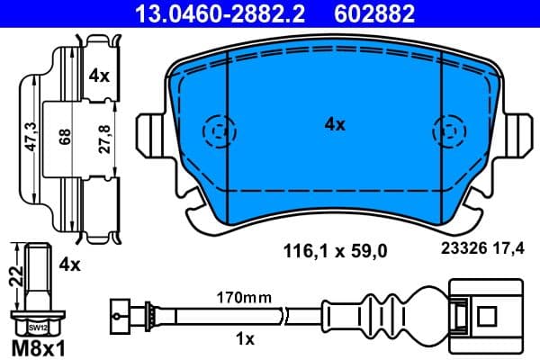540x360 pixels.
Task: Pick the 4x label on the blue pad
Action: pyautogui.click(x=334, y=125)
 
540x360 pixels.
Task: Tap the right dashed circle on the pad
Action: pyautogui.click(x=449, y=131)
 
